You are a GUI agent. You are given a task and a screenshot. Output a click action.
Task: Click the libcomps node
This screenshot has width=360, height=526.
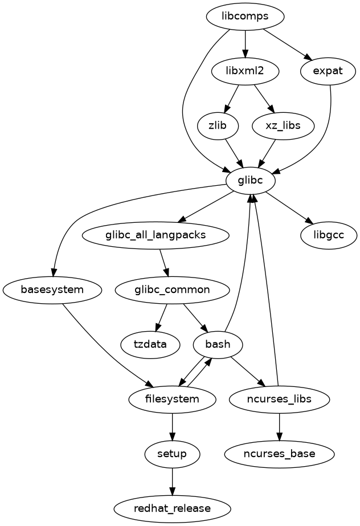[x=245, y=17]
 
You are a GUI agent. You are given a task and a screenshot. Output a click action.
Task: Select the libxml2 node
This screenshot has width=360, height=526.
[x=245, y=72]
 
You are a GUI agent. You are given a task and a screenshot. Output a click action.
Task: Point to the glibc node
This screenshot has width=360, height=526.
[x=251, y=181]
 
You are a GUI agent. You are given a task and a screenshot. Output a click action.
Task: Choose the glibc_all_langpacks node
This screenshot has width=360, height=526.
[x=156, y=235]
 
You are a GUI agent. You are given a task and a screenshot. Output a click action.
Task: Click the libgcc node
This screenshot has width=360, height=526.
[x=328, y=235]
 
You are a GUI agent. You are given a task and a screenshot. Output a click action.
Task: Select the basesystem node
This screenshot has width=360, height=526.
[x=52, y=289]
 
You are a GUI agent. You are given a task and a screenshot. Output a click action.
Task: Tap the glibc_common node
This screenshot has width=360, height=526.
[x=172, y=289]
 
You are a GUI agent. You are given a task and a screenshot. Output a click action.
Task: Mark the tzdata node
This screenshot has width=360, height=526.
[x=150, y=344]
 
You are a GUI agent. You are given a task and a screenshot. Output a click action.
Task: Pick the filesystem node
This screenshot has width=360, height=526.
[x=172, y=398]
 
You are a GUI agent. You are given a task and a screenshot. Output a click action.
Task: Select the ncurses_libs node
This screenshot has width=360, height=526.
[x=279, y=398]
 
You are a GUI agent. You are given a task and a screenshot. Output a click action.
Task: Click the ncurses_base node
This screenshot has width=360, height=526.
[x=279, y=454]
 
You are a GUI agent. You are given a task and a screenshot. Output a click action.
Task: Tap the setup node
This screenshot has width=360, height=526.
[x=172, y=454]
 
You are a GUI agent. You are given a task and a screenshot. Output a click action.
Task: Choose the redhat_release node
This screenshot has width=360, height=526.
[x=172, y=508]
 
